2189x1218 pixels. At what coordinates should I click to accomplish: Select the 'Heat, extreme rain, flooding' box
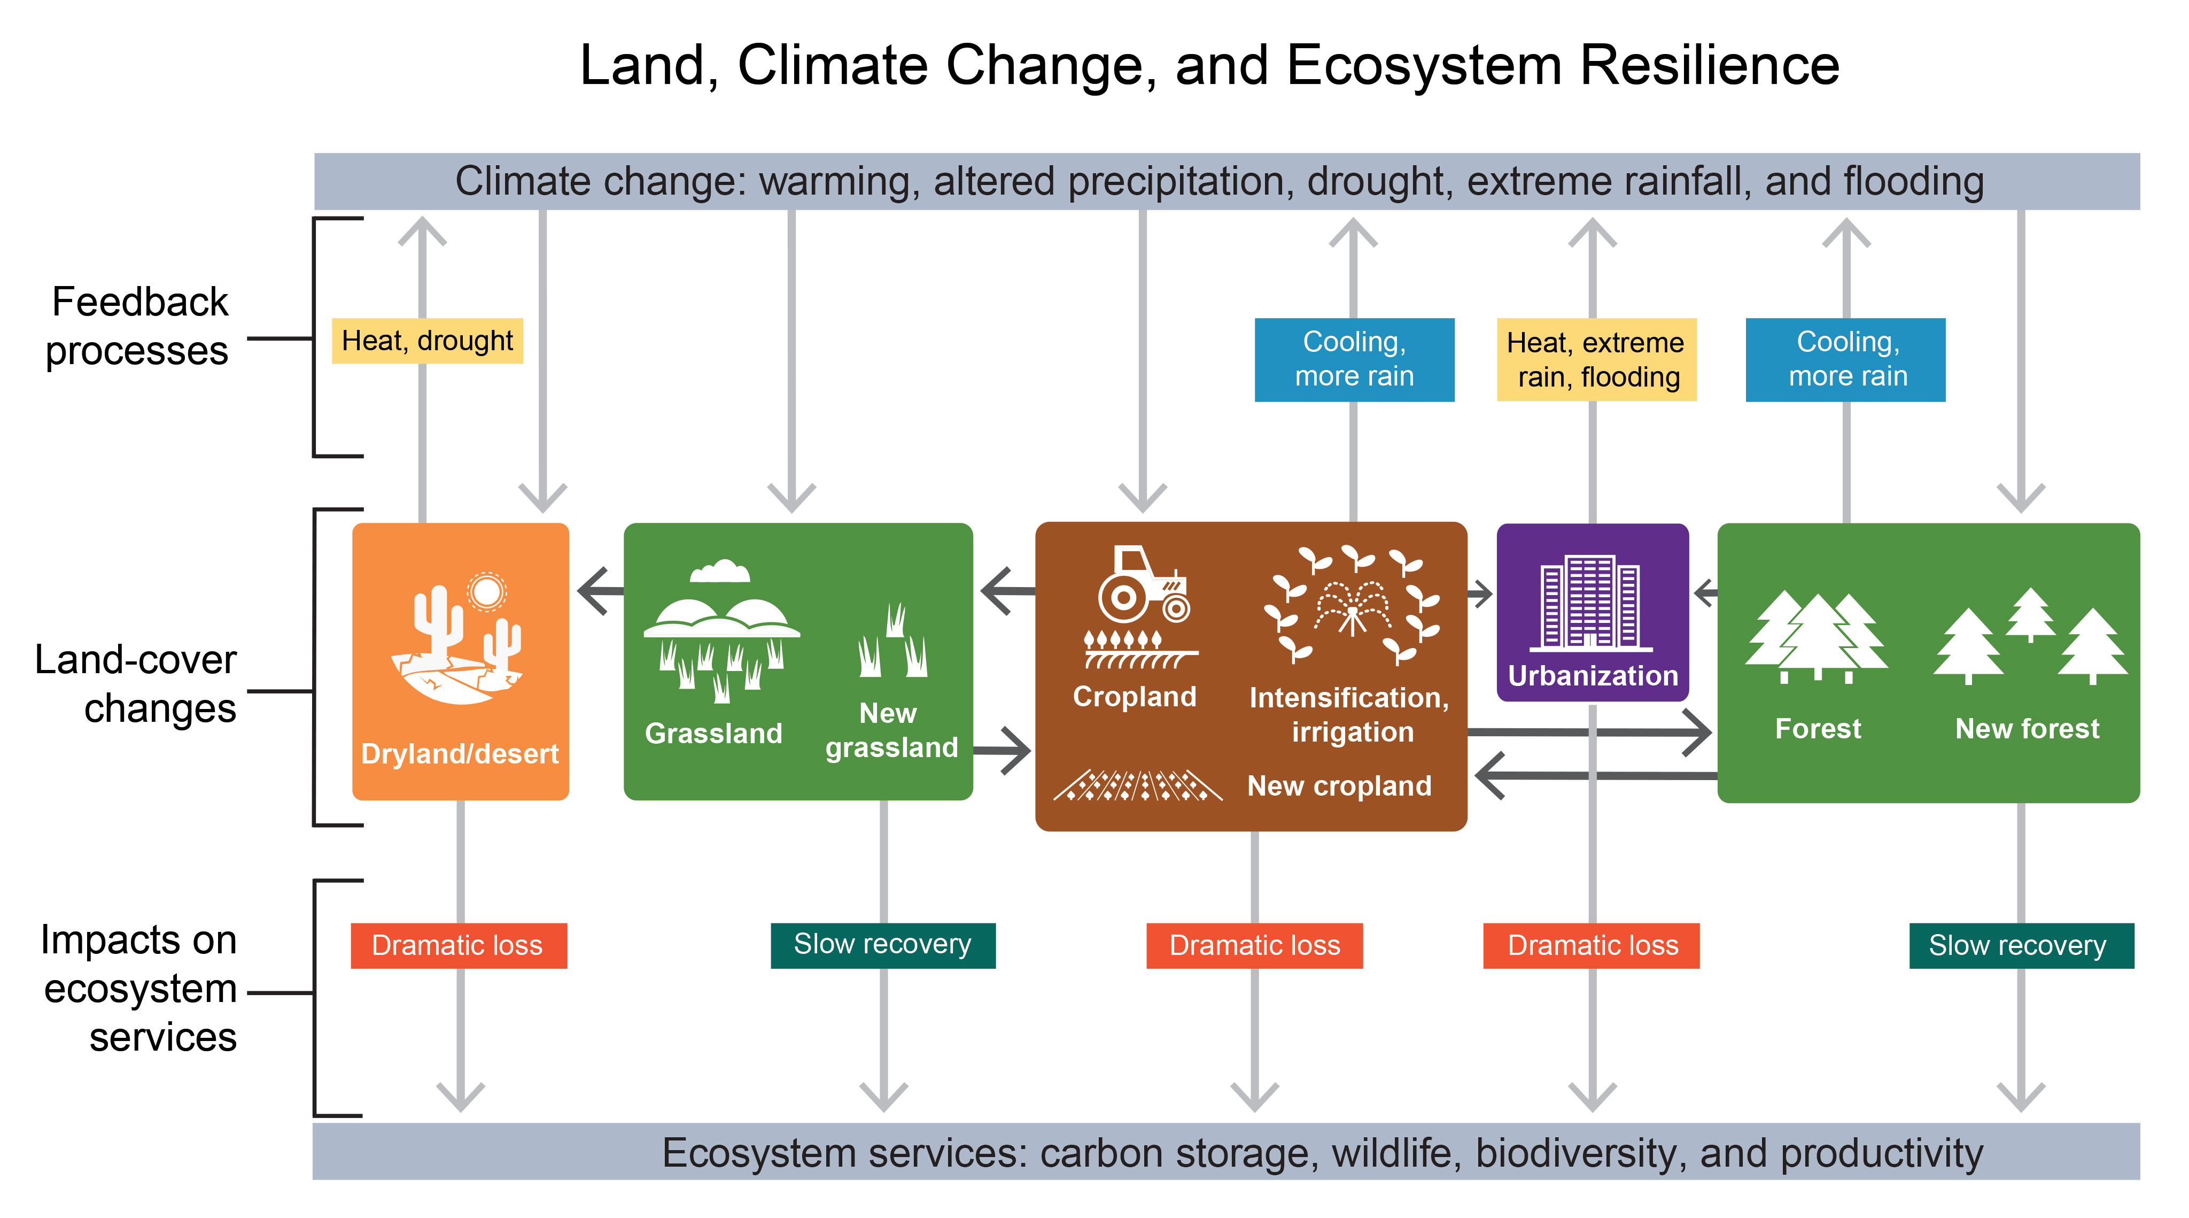(1596, 359)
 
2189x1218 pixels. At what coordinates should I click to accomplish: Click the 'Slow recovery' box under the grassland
(883, 945)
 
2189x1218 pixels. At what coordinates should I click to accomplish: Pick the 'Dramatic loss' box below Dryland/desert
(459, 945)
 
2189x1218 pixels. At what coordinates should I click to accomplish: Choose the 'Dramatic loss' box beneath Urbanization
(1592, 945)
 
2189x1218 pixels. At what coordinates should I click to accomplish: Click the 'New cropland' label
(1339, 786)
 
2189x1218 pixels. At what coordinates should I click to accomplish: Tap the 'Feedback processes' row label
(138, 326)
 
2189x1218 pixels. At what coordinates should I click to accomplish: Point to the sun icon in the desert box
(487, 591)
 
